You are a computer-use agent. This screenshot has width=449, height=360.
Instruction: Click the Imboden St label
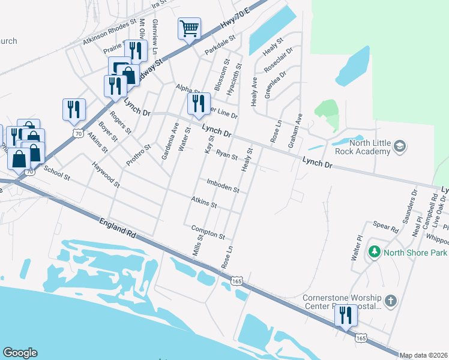click(223, 186)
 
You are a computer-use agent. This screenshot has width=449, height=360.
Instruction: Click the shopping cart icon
click(189, 28)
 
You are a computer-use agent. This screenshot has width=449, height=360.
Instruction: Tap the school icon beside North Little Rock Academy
click(399, 146)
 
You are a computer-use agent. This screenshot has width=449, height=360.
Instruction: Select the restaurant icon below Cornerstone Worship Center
click(345, 316)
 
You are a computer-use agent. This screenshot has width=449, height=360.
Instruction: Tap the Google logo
click(20, 353)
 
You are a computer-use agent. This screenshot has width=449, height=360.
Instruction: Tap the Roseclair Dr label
click(280, 61)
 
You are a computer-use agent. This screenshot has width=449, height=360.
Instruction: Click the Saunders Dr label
click(409, 208)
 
